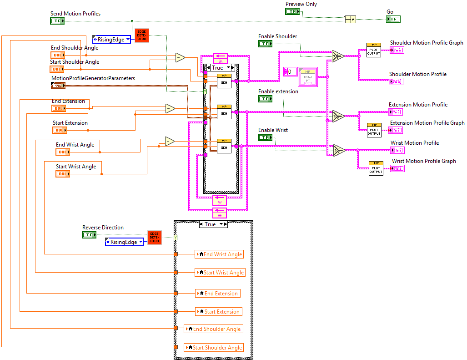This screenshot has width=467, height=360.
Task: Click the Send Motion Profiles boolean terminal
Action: pyautogui.click(x=57, y=21)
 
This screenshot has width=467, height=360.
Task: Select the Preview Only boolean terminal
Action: pyautogui.click(x=292, y=11)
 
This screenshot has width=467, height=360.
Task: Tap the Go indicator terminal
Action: pyautogui.click(x=393, y=19)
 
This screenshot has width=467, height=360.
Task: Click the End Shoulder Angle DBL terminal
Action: pyautogui.click(x=58, y=55)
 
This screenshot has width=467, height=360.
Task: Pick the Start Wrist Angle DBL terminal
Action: pyautogui.click(x=63, y=174)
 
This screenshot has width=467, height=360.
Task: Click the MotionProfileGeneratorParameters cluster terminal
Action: pyautogui.click(x=58, y=86)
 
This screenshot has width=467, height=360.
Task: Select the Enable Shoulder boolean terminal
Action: pyautogui.click(x=265, y=44)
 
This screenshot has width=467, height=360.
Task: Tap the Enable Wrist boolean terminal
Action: pyautogui.click(x=265, y=137)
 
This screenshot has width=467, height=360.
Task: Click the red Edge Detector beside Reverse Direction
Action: pyautogui.click(x=155, y=238)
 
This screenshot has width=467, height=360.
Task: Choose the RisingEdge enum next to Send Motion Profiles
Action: pyautogui.click(x=112, y=40)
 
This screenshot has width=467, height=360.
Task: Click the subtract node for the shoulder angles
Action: pyautogui.click(x=180, y=57)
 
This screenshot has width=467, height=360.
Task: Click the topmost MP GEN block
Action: pyautogui.click(x=224, y=81)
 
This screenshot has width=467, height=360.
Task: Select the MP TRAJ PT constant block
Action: pyautogui.click(x=308, y=77)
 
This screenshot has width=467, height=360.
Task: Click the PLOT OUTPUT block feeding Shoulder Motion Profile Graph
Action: pyautogui.click(x=373, y=50)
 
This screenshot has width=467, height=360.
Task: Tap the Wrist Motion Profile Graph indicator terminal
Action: pyautogui.click(x=397, y=168)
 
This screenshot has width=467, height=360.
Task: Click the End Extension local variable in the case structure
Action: pyautogui.click(x=218, y=294)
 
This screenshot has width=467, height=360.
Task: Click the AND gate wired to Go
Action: pyautogui.click(x=350, y=19)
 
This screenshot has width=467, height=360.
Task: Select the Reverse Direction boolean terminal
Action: pyautogui.click(x=89, y=235)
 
